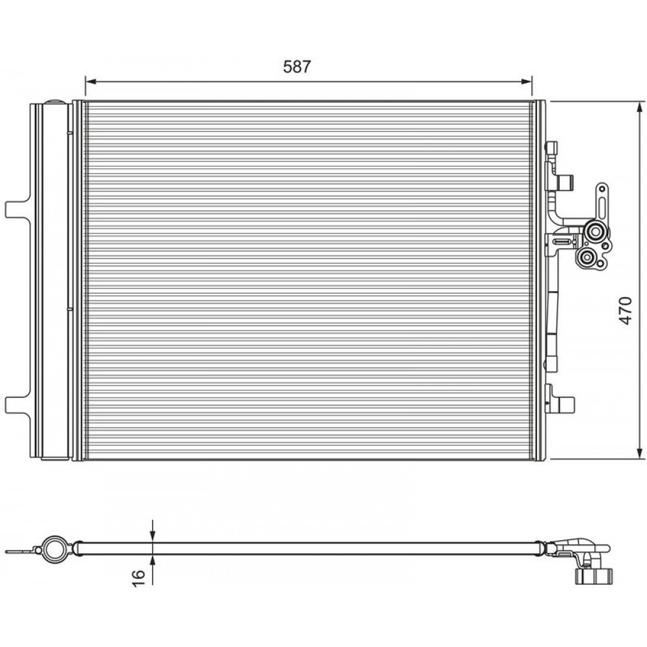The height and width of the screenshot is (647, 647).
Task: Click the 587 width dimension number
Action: (297, 67)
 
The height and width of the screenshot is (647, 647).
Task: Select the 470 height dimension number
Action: (626, 311)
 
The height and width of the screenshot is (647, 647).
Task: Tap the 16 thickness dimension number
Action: (139, 577)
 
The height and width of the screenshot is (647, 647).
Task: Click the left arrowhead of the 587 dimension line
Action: (91, 82)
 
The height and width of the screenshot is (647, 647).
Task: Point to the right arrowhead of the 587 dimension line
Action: (527, 82)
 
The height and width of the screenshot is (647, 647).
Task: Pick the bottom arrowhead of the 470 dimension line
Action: (640, 453)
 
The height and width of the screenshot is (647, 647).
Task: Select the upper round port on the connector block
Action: (594, 232)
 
